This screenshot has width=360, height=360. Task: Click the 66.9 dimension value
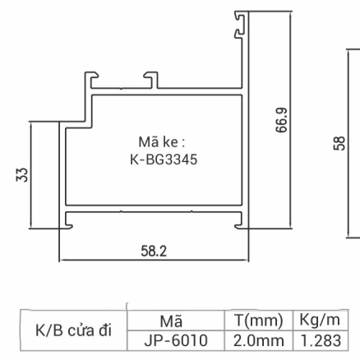[282, 121]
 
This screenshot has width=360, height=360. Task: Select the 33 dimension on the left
[23, 174]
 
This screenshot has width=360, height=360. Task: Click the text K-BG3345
[164, 159]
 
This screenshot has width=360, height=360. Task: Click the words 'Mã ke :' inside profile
[162, 142]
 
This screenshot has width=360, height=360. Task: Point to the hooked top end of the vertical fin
[239, 23]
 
